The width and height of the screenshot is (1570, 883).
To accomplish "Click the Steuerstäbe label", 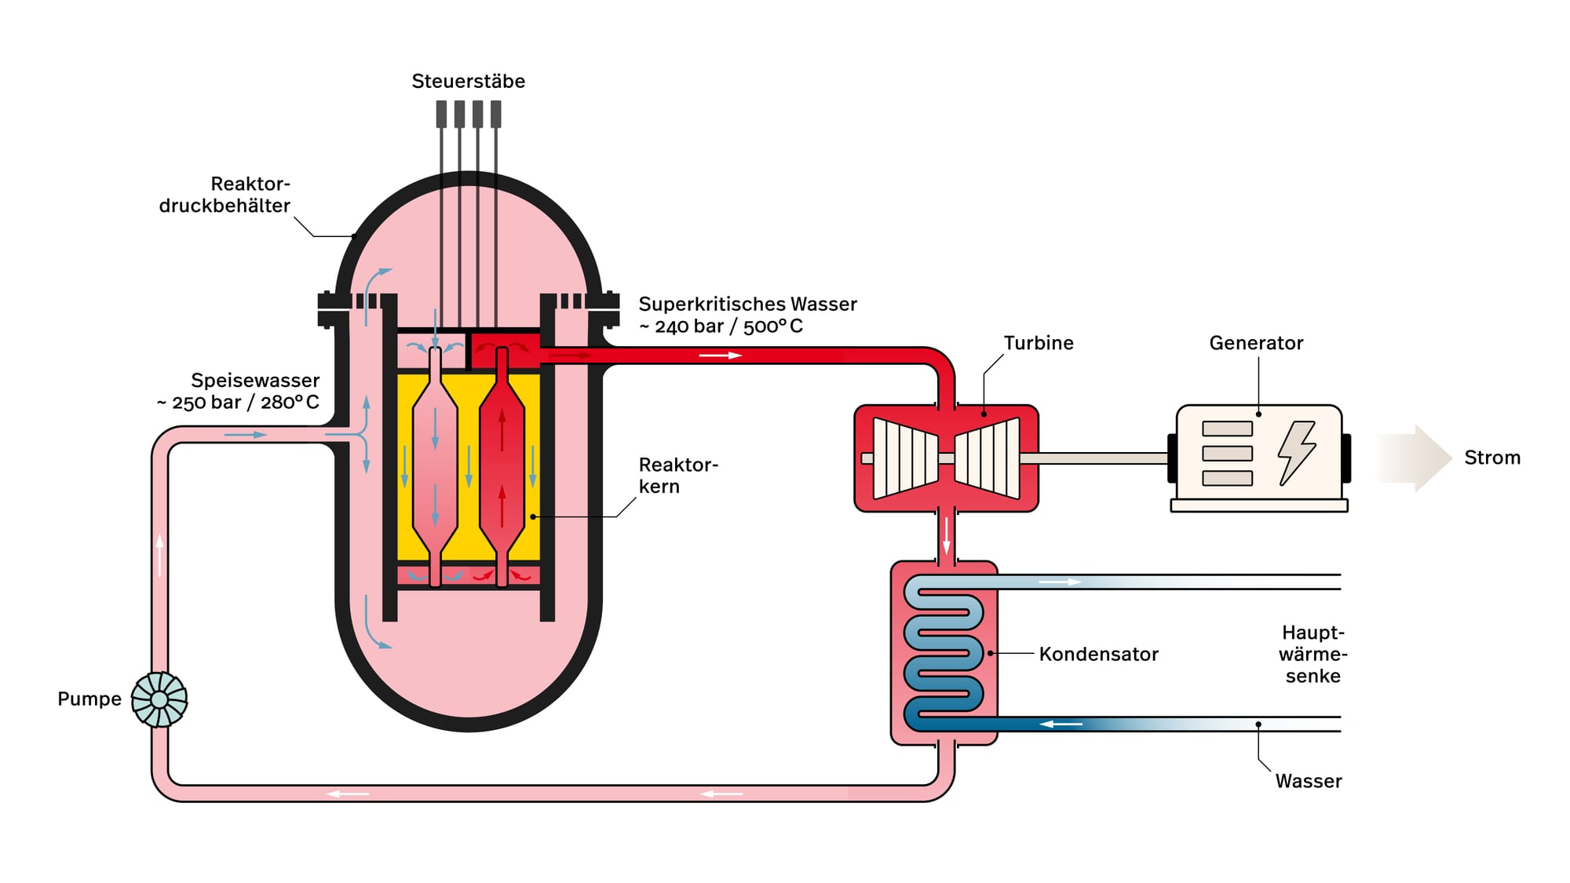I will tap(468, 82).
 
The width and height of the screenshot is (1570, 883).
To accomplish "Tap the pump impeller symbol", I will tap(159, 699).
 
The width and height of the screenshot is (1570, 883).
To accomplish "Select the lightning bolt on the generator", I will tap(1296, 453).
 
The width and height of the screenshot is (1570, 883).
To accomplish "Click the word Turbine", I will tap(1038, 343).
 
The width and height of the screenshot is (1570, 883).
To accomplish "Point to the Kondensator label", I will tap(1098, 655).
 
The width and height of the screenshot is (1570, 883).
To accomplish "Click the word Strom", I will tap(1491, 458).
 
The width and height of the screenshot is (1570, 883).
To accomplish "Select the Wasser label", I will tap(1308, 781).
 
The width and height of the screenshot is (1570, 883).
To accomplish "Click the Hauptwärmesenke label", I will tap(1313, 655).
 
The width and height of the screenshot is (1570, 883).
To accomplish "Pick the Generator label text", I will tap(1256, 343).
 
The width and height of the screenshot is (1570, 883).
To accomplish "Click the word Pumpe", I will tap(89, 699).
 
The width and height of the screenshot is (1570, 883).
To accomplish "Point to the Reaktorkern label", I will tap(678, 476).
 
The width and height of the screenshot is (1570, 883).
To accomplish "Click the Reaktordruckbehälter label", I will tap(225, 195).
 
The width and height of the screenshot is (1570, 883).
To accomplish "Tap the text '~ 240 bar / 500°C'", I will tap(721, 327).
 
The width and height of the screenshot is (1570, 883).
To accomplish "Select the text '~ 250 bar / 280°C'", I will tap(238, 403).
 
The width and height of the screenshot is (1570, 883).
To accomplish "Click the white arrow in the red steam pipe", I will tap(721, 356).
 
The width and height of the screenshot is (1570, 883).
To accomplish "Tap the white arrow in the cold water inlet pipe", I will tap(1061, 724).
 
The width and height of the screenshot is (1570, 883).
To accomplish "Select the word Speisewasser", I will tap(255, 381).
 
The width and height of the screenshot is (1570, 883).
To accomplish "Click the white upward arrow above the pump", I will tap(160, 555).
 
